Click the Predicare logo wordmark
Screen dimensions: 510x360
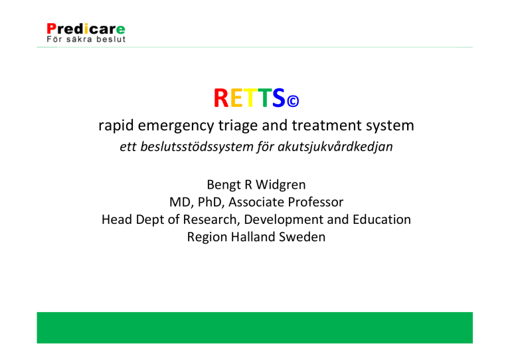coord(86,29)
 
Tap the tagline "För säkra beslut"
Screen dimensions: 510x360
coord(86,39)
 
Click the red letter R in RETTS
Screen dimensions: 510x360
coord(221,98)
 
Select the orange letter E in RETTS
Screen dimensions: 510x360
coord(236,98)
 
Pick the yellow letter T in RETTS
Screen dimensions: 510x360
coord(250,98)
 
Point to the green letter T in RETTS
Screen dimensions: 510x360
coord(264,98)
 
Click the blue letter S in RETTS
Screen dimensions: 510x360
coord(279,98)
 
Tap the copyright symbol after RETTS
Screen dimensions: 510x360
coord(293,101)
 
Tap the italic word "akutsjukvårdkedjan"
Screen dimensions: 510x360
coord(335,147)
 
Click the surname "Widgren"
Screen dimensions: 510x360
coord(281,185)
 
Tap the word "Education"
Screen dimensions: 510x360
coord(382,219)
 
